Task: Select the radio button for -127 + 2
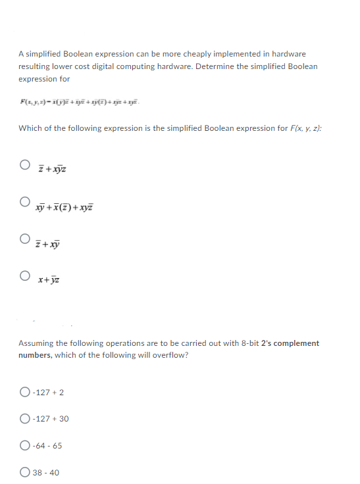[x=24, y=393]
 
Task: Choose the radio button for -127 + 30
[x=24, y=419]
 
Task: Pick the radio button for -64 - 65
[x=24, y=445]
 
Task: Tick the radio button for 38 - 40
[x=24, y=472]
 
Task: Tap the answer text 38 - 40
[x=45, y=472]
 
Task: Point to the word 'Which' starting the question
[x=29, y=128]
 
